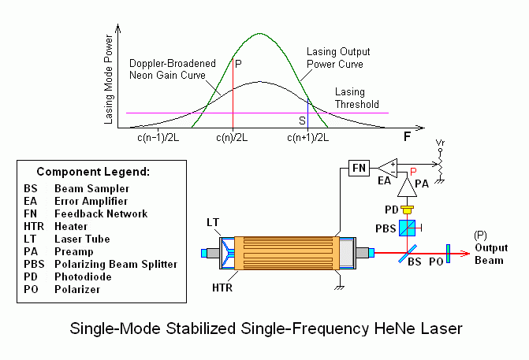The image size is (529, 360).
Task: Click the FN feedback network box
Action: [x=359, y=168]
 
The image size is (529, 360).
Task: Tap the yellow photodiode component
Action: [x=408, y=210]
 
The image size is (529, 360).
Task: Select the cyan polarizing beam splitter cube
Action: [x=408, y=228]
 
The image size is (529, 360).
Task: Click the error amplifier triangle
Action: [x=388, y=168]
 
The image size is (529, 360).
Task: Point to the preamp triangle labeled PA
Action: [x=408, y=187]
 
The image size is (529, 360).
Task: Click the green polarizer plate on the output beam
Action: [x=448, y=254]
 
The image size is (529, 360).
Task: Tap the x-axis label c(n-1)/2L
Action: [x=158, y=138]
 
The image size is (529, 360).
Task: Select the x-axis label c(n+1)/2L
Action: [x=308, y=138]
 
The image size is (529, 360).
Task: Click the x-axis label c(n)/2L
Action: [x=232, y=138]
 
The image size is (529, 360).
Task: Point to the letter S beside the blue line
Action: [x=302, y=121]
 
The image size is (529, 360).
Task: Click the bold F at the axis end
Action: [x=408, y=137]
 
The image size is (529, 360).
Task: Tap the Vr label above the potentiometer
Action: [x=440, y=143]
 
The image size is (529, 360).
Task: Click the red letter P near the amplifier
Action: [x=413, y=172]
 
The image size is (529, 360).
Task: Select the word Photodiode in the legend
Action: [x=83, y=276]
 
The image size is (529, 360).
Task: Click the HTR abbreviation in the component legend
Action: [x=34, y=226]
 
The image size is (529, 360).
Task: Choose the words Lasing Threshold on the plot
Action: [x=357, y=98]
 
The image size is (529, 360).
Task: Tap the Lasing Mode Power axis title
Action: [x=108, y=79]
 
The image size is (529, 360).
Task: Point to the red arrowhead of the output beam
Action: [x=466, y=254]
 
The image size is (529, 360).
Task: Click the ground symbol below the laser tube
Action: [x=340, y=288]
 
